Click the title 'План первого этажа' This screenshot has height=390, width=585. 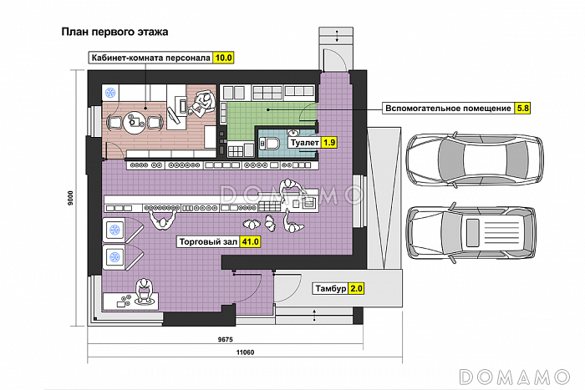114,32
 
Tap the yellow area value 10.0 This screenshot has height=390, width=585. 223,58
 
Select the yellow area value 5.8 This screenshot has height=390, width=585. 522,109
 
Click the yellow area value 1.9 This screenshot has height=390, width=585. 329,143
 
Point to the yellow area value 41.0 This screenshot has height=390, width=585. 250,241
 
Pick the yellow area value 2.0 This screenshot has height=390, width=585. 356,289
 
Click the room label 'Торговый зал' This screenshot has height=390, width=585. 208,241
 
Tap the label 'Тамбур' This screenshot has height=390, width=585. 331,289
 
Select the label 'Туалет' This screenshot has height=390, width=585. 305,143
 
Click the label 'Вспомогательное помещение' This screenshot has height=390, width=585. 448,109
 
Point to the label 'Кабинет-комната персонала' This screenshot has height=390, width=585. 151,58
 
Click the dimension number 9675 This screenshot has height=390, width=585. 225,340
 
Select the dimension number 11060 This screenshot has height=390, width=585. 245,352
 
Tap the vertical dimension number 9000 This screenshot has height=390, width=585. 70,198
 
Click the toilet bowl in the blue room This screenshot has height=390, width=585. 270,143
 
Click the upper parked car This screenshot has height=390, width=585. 475,159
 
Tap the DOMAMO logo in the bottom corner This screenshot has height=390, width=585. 515,377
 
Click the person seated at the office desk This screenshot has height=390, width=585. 202,104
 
